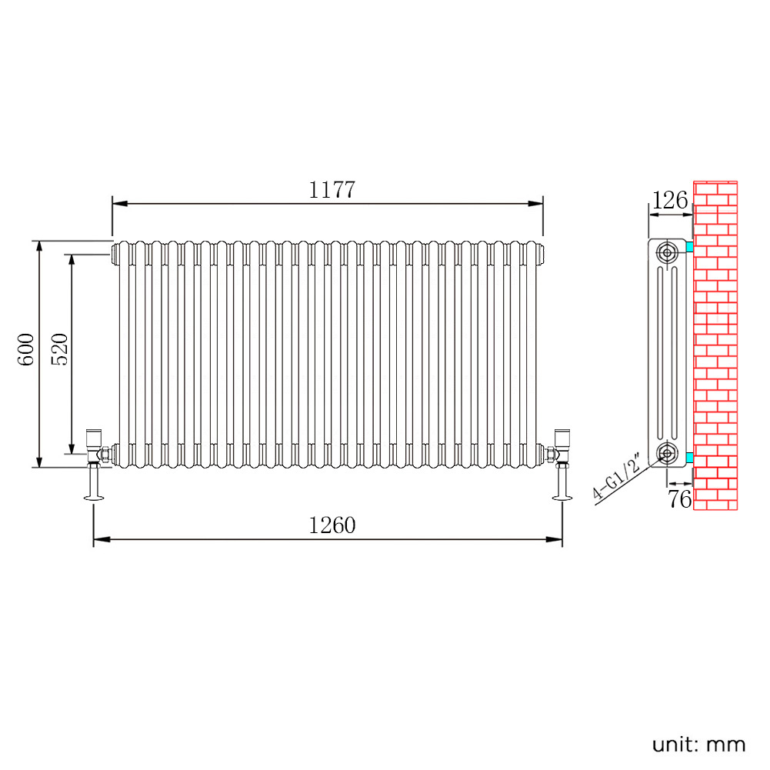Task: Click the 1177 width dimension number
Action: (332, 190)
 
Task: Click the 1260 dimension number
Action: (332, 525)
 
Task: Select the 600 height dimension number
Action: (26, 349)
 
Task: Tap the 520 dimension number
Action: (59, 349)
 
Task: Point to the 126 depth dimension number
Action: (670, 200)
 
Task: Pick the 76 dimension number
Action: (680, 499)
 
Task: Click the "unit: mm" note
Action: (698, 745)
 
